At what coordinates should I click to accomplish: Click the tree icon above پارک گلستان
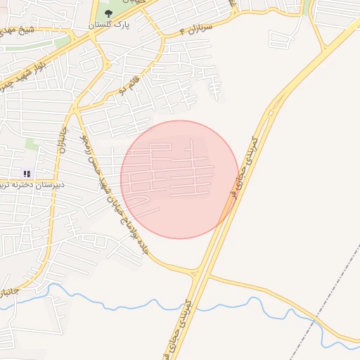pyautogui.click(x=108, y=13)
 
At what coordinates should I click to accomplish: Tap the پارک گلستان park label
pyautogui.click(x=108, y=25)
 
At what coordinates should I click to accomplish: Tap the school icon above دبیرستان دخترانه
pyautogui.click(x=27, y=173)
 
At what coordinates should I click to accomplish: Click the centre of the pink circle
pyautogui.click(x=180, y=179)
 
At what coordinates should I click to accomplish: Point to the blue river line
pyautogui.click(x=141, y=304)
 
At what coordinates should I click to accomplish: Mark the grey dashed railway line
pyautogui.click(x=330, y=295)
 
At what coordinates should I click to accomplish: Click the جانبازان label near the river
pyautogui.click(x=10, y=290)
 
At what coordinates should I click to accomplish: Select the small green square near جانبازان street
pyautogui.click(x=32, y=143)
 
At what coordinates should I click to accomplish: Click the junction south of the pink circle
pyautogui.click(x=199, y=271)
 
